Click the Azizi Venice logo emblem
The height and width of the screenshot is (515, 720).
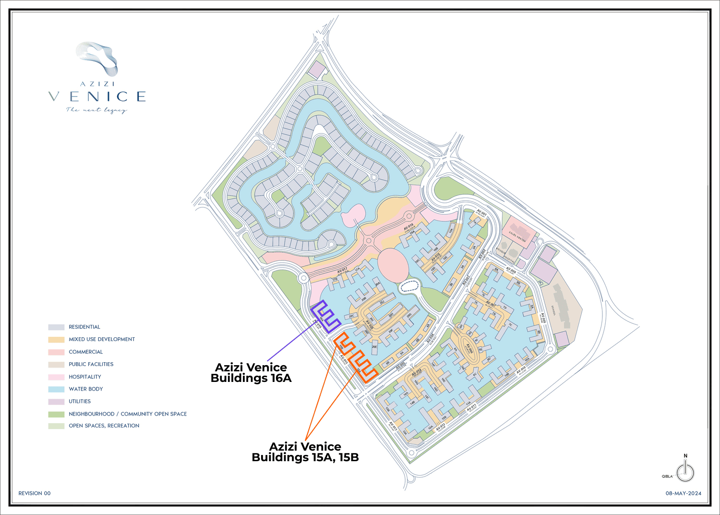coord(97,59)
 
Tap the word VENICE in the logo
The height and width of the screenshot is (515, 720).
coord(97,97)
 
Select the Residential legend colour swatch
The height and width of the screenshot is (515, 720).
coord(56,327)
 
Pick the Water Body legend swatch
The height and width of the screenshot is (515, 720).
coord(56,389)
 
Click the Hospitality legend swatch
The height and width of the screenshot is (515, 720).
coord(56,377)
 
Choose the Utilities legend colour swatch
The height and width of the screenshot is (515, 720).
coord(56,402)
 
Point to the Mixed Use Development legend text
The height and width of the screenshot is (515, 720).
coord(102,339)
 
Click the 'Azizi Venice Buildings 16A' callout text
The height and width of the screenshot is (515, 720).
coord(251,373)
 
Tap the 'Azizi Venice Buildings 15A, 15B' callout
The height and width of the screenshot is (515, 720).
coord(305,452)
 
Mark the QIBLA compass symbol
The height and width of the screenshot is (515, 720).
coord(685,472)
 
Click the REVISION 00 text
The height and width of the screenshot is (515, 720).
coord(35,493)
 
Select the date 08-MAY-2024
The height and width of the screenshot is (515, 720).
coord(683,493)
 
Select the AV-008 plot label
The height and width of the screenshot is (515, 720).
coord(511,271)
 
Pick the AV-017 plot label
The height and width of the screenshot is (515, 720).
coord(342,271)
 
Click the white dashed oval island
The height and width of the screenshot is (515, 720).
coord(409,287)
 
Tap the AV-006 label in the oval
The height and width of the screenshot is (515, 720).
coord(469,348)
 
